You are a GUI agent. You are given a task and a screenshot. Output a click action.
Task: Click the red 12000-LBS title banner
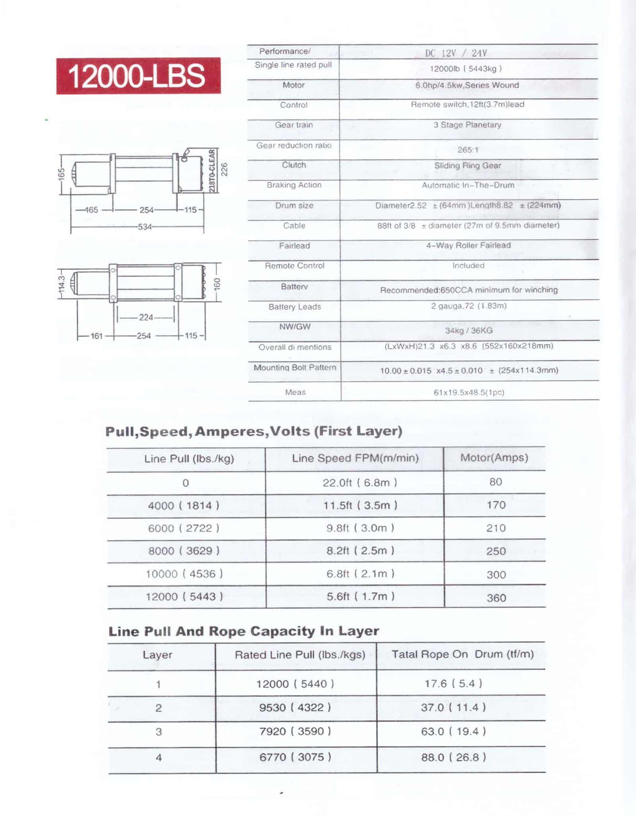(138, 76)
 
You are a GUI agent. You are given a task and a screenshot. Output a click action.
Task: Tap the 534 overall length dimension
(145, 227)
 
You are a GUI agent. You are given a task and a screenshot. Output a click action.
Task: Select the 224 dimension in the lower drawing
(146, 317)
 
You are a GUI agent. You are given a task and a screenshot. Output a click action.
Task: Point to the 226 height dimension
(224, 170)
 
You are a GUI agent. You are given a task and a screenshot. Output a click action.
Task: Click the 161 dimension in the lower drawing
(96, 336)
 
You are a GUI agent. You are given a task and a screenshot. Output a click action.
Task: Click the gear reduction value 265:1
(468, 150)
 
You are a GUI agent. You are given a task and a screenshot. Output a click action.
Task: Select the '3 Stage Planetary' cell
(467, 125)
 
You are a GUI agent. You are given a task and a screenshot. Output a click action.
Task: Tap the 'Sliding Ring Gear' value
(467, 166)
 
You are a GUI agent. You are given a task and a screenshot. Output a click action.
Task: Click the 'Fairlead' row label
(294, 246)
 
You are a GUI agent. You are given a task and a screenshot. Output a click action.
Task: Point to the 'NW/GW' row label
(295, 327)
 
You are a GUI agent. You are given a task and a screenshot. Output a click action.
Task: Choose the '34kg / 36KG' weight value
(469, 330)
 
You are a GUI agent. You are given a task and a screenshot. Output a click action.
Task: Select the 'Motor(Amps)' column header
(494, 458)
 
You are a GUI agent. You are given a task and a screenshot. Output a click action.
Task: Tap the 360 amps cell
(496, 598)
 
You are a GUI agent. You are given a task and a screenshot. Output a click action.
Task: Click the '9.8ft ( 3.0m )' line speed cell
(360, 528)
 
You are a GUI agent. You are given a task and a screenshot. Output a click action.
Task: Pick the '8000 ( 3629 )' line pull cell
(183, 551)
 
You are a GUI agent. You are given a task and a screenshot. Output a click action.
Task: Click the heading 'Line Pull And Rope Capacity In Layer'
(243, 631)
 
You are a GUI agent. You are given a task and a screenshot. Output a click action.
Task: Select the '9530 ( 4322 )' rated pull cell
(295, 707)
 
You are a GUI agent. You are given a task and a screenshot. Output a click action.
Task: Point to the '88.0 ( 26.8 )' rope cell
(453, 757)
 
